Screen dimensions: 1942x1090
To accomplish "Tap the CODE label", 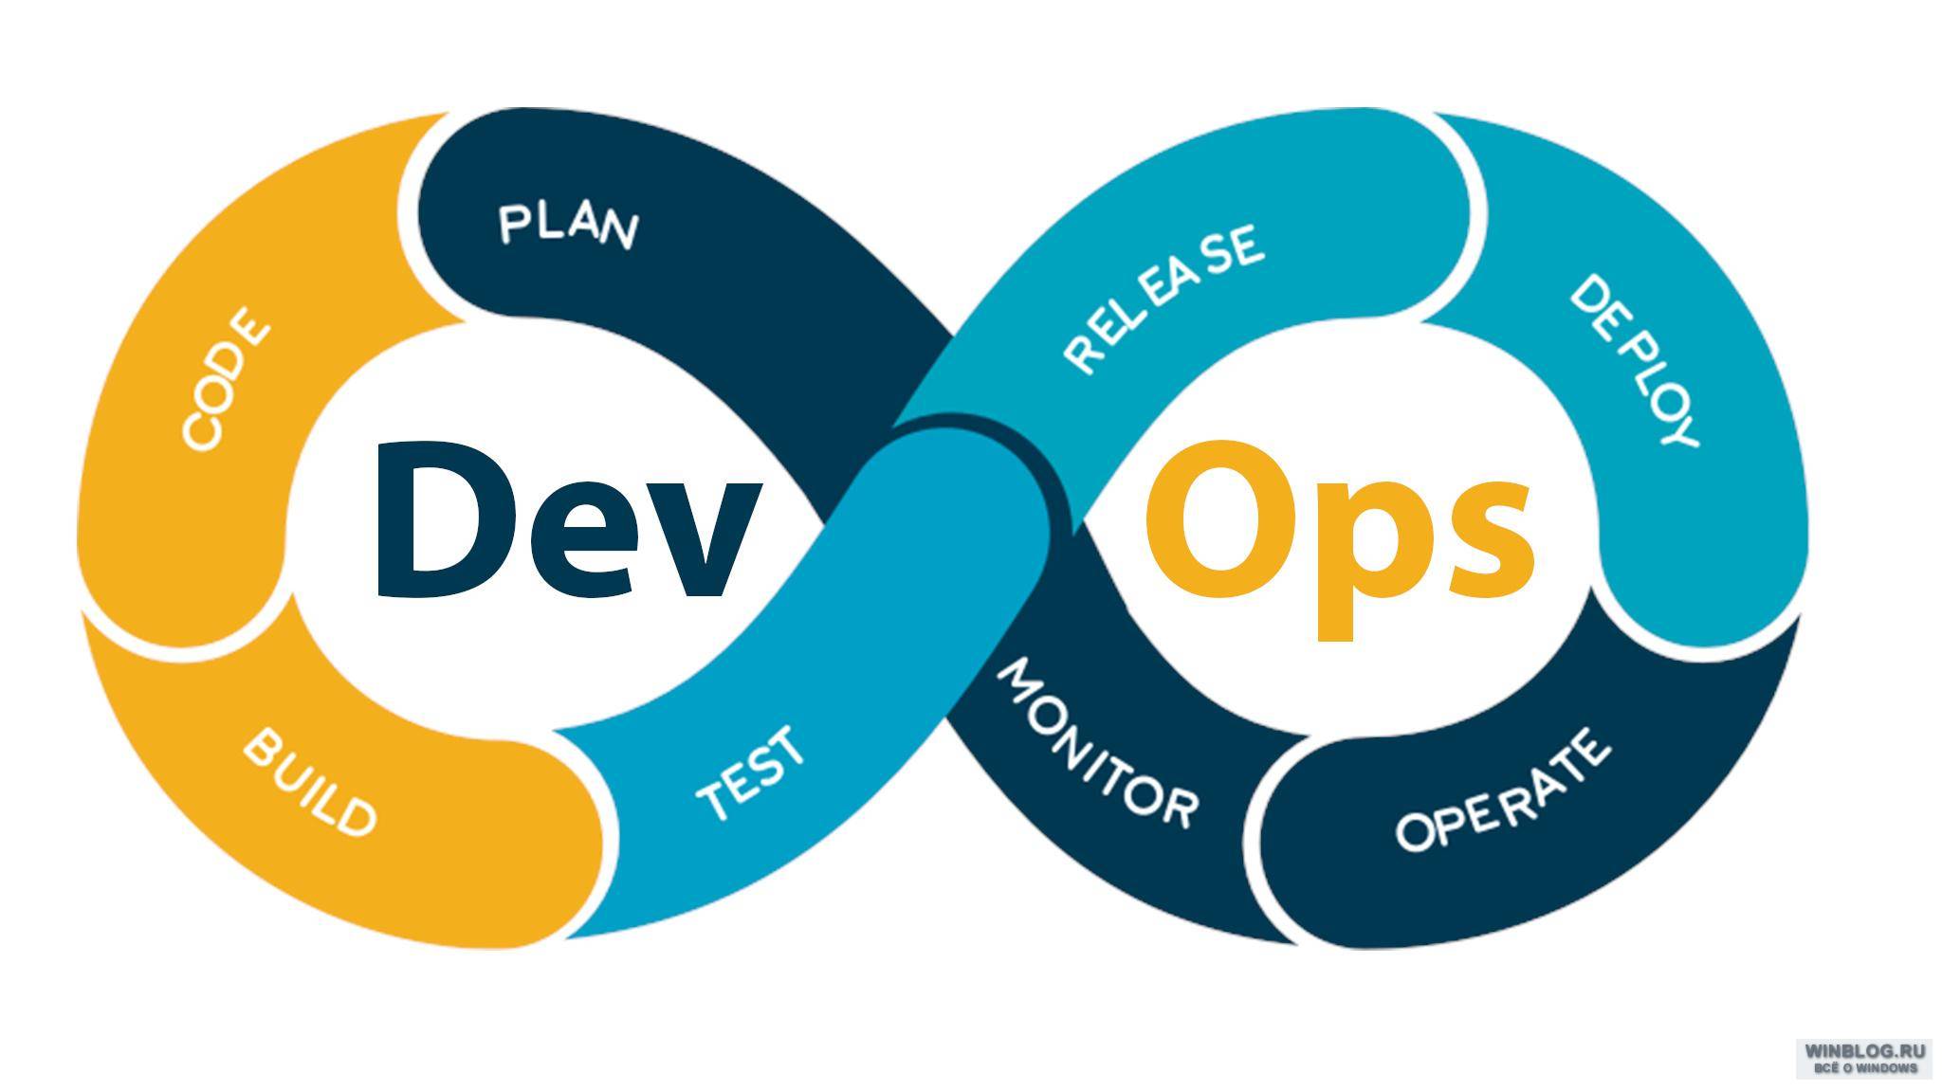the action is [x=226, y=378].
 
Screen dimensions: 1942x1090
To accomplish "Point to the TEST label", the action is [x=751, y=772].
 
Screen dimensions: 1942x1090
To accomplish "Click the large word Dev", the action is [x=568, y=521].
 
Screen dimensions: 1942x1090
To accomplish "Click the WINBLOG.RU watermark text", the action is [x=1865, y=1051].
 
